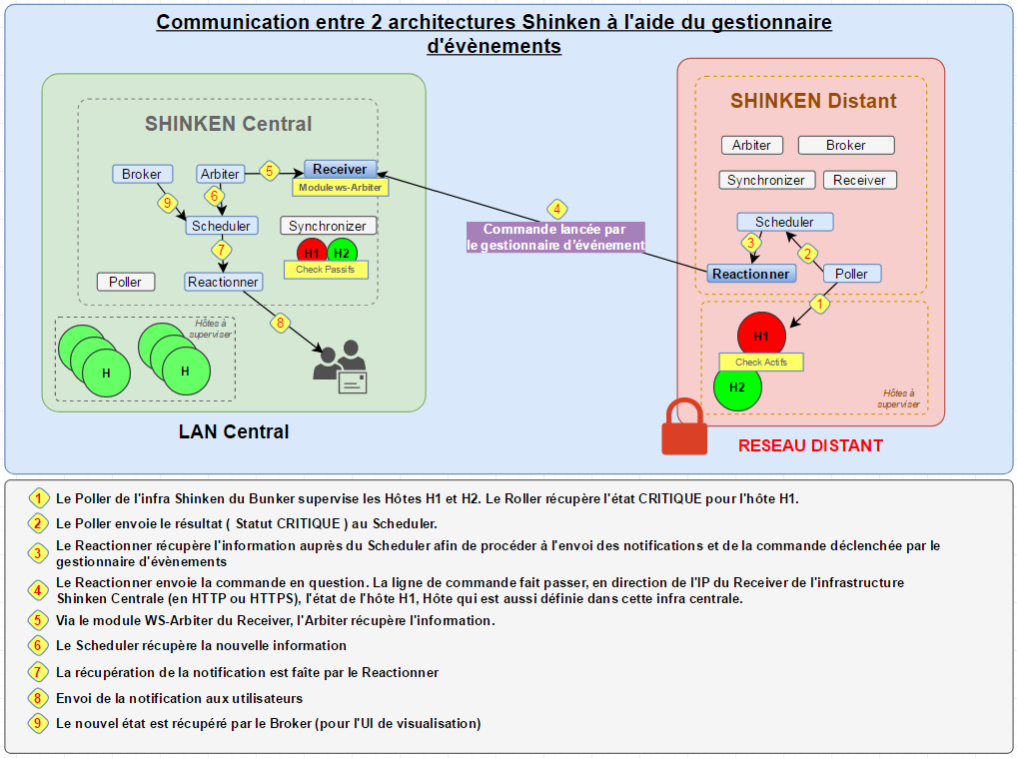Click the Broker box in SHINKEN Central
coord(142,174)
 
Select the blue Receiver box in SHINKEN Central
coord(340,169)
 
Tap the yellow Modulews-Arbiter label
coord(340,187)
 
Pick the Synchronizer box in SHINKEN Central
coord(328,226)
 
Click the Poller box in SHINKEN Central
coord(126,282)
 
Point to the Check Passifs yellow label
coord(326,270)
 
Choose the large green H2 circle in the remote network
coord(737,388)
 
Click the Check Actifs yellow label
coord(761,363)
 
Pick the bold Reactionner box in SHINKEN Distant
coord(751,274)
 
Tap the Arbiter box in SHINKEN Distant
coord(751,145)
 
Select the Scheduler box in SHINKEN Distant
coord(784,222)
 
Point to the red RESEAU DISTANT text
coord(810,445)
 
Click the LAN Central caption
coord(234,431)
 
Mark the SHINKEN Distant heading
coord(812,101)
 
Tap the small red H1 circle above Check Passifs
coord(312,251)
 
